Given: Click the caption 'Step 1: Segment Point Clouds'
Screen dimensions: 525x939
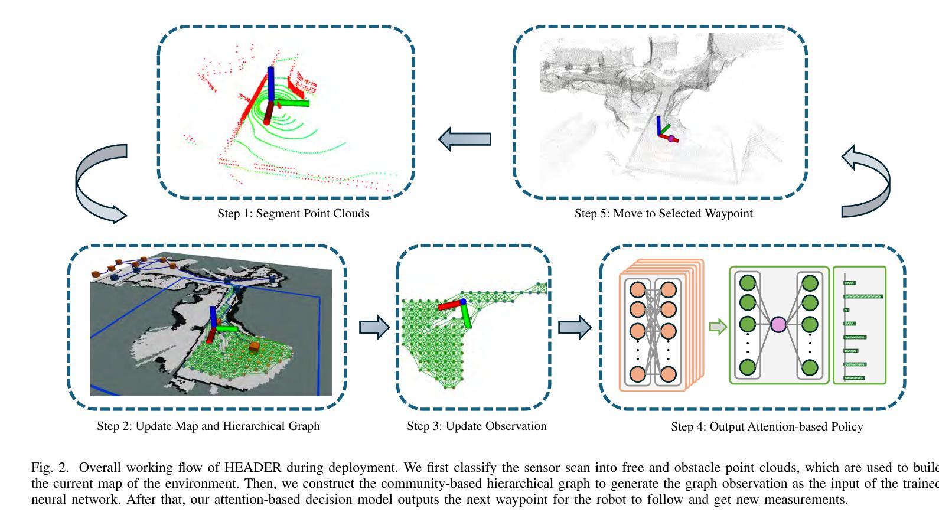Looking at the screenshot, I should [x=293, y=214].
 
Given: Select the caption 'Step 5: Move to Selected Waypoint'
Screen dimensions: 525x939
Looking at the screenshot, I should [x=663, y=214].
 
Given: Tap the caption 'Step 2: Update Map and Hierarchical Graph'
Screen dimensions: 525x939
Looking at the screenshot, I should [x=208, y=426].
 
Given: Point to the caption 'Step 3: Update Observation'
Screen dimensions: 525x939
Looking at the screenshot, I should [x=476, y=426].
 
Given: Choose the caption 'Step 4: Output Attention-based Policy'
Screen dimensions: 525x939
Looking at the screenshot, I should [x=767, y=426].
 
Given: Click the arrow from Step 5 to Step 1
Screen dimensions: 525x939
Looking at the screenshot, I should [x=465, y=139].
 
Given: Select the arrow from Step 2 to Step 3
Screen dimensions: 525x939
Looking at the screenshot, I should [x=374, y=327].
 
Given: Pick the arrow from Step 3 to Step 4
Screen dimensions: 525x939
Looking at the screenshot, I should [x=575, y=327].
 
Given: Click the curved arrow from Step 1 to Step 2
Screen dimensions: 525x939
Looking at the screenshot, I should [x=97, y=183].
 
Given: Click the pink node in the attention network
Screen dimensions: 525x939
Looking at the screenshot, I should [x=778, y=325].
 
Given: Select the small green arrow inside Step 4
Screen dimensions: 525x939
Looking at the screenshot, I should [x=717, y=327].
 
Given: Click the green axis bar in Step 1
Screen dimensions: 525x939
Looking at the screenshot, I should [x=292, y=103].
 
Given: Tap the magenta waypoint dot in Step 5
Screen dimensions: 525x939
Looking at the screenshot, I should [x=671, y=139].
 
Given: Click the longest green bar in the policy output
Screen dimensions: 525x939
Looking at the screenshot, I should [x=863, y=296].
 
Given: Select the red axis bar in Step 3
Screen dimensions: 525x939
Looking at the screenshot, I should [x=448, y=305].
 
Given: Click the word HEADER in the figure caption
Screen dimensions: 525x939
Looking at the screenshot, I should [x=252, y=468].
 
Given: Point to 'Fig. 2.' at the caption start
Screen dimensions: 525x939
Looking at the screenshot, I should [x=50, y=468].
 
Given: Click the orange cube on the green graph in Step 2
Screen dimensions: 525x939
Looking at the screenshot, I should [x=255, y=347].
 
